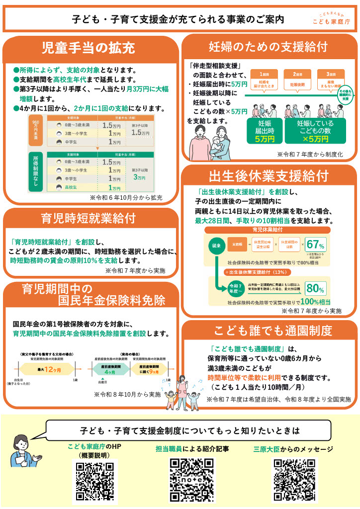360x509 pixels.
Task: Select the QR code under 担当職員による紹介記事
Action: pyautogui.click(x=192, y=480)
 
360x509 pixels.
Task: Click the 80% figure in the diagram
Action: pyautogui.click(x=315, y=288)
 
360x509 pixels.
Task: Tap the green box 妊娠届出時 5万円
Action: pyautogui.click(x=268, y=131)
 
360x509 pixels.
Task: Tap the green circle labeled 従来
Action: pyautogui.click(x=218, y=246)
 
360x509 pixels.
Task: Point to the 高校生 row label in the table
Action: pyautogui.click(x=71, y=188)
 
